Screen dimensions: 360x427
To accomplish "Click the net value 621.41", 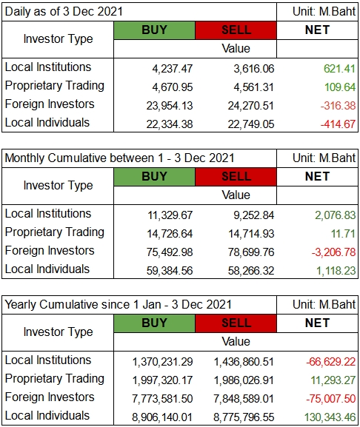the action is tap(339, 69).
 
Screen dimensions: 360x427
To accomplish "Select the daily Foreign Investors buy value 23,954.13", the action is tap(170, 106).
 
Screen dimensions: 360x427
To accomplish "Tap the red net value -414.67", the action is tap(338, 124).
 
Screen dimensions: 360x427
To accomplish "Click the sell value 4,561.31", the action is tap(253, 87).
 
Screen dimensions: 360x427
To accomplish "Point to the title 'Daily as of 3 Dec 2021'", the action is tap(64, 12).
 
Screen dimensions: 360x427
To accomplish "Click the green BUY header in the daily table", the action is tap(155, 30).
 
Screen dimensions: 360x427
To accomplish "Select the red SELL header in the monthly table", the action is tap(236, 177).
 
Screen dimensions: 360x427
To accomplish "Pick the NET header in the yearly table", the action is tap(317, 323).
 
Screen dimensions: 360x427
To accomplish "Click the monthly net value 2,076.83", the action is tap(336, 215).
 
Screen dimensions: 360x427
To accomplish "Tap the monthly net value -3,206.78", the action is tap(333, 252).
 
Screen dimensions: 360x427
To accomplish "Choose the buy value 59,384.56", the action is tap(170, 271).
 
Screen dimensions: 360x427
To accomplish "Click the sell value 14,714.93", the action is tap(251, 234).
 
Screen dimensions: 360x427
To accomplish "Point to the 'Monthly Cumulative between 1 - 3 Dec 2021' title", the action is tap(119, 158).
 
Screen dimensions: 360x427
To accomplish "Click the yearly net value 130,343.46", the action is tap(330, 417).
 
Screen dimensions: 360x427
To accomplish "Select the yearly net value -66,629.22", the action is tap(331, 362).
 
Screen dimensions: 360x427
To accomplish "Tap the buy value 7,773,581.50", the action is tap(162, 399).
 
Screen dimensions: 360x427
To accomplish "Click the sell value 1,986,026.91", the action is tap(244, 380).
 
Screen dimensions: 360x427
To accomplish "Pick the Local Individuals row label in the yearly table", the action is tap(47, 416).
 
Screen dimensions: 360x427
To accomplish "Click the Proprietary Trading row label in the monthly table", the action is tap(55, 232).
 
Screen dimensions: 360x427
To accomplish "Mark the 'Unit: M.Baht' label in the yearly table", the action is tap(324, 304).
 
